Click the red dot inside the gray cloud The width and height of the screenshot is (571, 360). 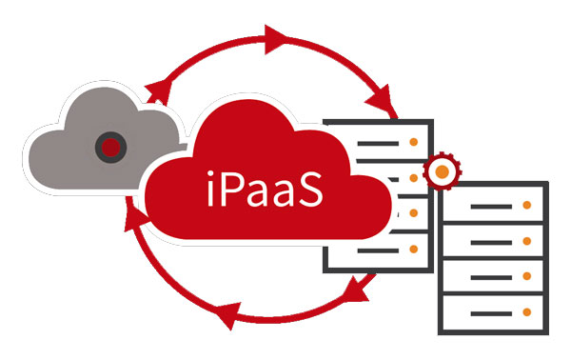point(111,147)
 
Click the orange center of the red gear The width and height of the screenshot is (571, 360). point(441,172)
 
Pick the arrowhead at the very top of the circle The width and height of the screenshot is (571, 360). point(275,39)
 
